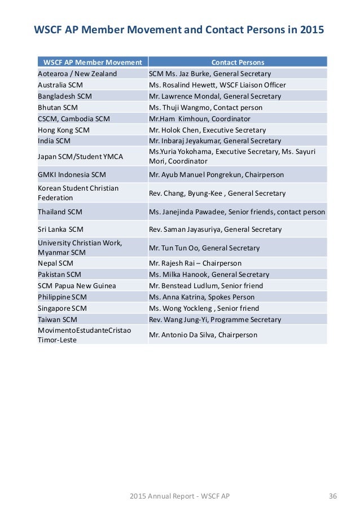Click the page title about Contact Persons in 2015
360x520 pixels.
coord(179,29)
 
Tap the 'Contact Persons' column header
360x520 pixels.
coord(238,63)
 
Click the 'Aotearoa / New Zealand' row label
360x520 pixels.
coord(77,74)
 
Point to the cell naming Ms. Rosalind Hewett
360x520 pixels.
coord(217,85)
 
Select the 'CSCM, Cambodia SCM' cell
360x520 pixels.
coord(74,118)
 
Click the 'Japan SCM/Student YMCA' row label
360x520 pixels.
coord(80,156)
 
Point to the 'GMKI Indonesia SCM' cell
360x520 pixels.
coord(72,175)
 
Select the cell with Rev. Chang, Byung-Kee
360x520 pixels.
coord(217,193)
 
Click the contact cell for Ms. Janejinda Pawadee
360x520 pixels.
coord(237,212)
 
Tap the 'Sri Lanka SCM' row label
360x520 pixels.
coord(60,230)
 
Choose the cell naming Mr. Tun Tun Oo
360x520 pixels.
coord(204,248)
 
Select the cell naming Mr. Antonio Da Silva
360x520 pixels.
coord(203,335)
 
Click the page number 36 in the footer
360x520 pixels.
coord(332,496)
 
